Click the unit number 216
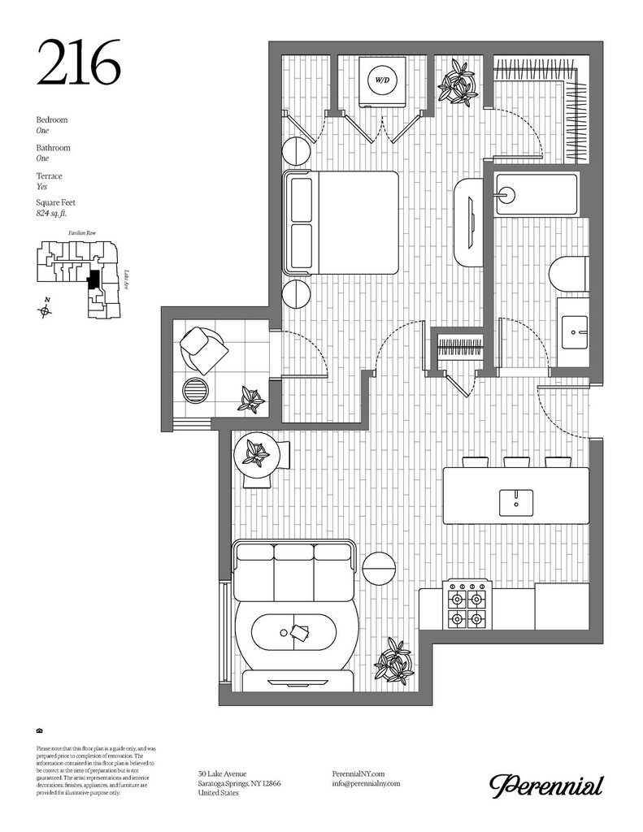point(78,63)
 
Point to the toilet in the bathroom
point(568,273)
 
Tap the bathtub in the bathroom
point(537,195)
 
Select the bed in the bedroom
point(341,223)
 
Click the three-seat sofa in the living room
point(293,569)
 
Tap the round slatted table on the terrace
point(196,391)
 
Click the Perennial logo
point(545,786)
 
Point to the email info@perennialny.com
point(367,783)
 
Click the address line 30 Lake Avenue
point(223,773)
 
